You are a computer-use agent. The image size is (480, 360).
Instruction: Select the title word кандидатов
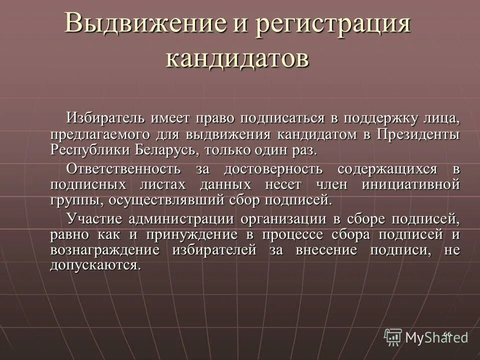point(237,58)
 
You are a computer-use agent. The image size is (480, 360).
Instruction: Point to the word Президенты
point(418,134)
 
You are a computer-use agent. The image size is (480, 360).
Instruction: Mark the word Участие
point(93,219)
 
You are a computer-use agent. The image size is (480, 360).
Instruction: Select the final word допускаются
point(94,265)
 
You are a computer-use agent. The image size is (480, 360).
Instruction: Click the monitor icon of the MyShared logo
point(393,336)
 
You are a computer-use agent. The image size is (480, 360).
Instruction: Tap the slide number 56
point(447,333)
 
